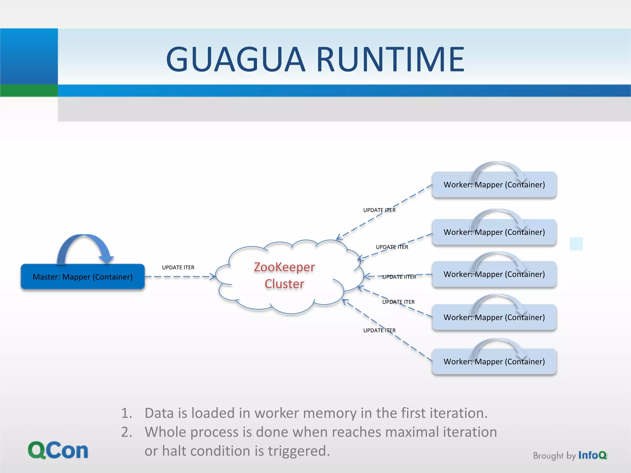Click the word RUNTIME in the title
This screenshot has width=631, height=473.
(x=390, y=59)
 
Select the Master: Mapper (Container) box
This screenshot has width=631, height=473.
(x=83, y=277)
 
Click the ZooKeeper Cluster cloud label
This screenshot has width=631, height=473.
(x=284, y=275)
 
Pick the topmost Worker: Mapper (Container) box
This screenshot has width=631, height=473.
(x=494, y=185)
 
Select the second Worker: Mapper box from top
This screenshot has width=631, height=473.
(x=494, y=232)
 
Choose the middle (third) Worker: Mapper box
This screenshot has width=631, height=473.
(x=494, y=274)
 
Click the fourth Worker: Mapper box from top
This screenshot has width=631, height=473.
(x=494, y=317)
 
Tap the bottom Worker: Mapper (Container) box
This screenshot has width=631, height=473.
(x=494, y=362)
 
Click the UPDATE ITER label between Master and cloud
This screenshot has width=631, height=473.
(x=178, y=268)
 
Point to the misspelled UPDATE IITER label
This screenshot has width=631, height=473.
(x=399, y=277)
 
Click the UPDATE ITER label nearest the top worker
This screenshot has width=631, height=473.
(x=379, y=210)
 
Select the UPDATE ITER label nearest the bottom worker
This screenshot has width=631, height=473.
(x=379, y=330)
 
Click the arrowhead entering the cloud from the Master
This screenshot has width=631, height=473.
(x=213, y=277)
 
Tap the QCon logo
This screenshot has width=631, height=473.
(x=58, y=451)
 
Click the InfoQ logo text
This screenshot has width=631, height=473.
(x=592, y=455)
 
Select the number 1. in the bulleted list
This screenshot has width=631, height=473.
(x=126, y=413)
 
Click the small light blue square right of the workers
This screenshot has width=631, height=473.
(x=576, y=244)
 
